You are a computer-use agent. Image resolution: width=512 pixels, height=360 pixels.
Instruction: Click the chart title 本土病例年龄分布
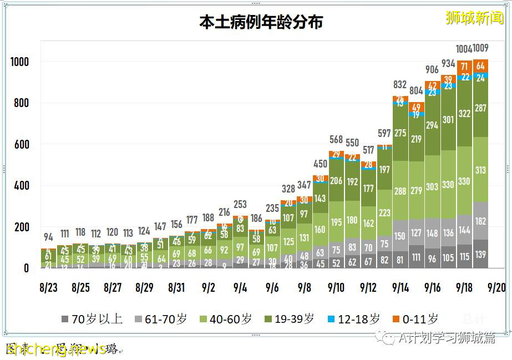click(x=261, y=22)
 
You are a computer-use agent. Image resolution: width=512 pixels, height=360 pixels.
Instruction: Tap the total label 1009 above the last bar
click(x=480, y=49)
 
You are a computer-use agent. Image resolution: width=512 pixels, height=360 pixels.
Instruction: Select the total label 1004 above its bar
click(x=464, y=49)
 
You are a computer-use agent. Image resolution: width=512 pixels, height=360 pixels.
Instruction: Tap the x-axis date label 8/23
click(x=48, y=287)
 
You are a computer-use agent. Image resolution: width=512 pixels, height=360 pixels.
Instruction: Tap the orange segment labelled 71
click(x=465, y=67)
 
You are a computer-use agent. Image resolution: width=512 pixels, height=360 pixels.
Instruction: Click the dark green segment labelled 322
click(x=465, y=114)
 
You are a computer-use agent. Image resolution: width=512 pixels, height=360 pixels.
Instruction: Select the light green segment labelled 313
click(x=480, y=170)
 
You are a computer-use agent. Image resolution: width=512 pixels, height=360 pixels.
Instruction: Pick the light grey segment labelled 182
click(x=480, y=221)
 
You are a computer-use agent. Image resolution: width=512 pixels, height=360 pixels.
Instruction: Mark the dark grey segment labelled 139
click(x=480, y=254)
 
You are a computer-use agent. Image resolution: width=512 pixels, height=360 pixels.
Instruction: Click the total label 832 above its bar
click(x=400, y=85)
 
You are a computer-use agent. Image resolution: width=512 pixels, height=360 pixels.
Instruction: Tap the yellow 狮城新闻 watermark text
click(x=475, y=18)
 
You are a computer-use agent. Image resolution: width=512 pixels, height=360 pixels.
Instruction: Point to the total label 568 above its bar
click(x=336, y=139)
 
